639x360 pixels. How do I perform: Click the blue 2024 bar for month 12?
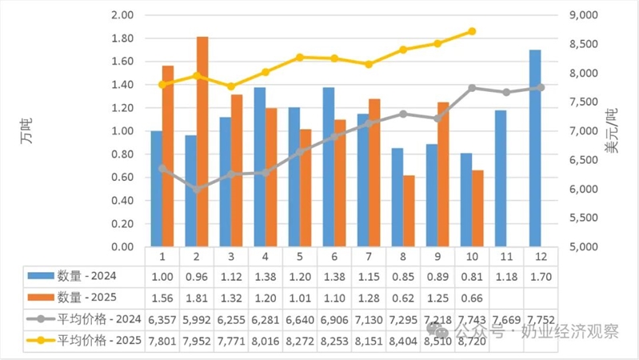tap(535, 148)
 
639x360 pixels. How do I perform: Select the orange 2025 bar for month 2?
tap(202, 142)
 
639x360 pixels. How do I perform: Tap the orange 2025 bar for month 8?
tap(409, 210)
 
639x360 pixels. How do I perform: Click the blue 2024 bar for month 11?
tap(501, 178)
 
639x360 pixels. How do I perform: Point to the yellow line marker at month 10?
tap(472, 31)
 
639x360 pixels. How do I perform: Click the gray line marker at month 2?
tap(197, 189)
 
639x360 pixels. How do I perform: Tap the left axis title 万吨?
tap(25, 130)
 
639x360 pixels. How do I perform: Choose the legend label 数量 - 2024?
tap(84, 276)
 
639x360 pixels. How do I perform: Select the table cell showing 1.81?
tap(197, 298)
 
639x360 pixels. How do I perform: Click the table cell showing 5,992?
tap(197, 319)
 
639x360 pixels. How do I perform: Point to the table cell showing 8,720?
tap(472, 341)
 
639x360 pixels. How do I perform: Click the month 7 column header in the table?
tap(369, 257)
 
